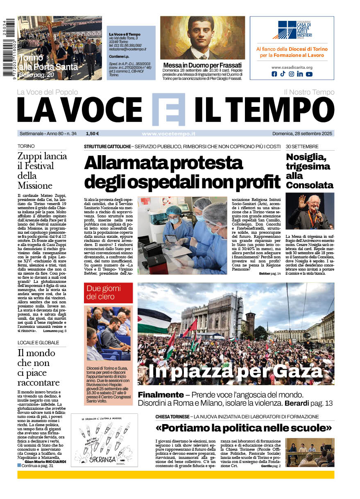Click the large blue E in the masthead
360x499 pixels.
(x=168, y=109)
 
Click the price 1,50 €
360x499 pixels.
(x=92, y=133)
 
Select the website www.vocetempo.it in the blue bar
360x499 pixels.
(x=168, y=133)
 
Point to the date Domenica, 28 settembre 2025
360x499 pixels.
(x=303, y=133)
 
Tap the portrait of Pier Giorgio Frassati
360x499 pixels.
(x=202, y=38)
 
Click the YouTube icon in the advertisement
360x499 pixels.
(x=309, y=74)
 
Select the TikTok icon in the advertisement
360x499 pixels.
(x=283, y=74)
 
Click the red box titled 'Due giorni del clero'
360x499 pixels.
(x=108, y=293)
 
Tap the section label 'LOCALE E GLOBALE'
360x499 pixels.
(x=38, y=343)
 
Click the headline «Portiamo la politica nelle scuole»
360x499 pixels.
(x=243, y=429)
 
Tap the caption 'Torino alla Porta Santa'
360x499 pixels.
(x=48, y=62)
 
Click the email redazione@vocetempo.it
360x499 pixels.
(x=127, y=49)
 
